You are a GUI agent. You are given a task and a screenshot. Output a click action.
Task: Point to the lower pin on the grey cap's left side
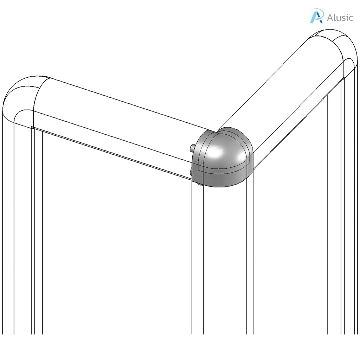click(191, 171)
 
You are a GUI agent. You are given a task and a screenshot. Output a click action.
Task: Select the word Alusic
click(340, 18)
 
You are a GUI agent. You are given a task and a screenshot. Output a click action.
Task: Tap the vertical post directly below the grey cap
click(222, 264)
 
